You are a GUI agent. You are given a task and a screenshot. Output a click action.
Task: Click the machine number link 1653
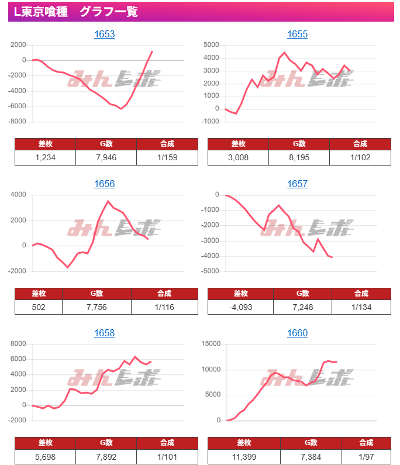tap(104, 35)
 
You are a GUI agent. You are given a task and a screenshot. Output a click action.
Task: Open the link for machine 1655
tap(297, 35)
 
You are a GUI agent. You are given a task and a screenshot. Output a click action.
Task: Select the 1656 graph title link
tap(104, 184)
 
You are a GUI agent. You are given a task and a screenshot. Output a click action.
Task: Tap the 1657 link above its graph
tap(297, 184)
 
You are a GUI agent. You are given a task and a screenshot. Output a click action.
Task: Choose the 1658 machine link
tap(104, 333)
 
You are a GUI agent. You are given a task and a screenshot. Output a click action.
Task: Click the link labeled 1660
tap(297, 333)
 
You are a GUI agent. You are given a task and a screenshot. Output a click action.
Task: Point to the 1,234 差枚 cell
tap(45, 157)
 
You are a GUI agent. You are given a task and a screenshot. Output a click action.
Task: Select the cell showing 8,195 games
tap(299, 157)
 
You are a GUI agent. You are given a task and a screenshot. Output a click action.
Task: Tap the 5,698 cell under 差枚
tap(45, 456)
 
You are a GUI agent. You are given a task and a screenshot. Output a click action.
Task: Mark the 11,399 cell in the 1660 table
tap(244, 456)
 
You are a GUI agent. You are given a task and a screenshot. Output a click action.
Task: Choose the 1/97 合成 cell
tap(366, 456)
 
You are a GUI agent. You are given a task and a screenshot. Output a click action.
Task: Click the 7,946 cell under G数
tap(106, 157)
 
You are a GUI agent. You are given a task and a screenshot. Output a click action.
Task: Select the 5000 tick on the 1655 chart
tap(211, 44)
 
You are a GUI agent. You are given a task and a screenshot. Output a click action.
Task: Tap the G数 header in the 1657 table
tap(302, 294)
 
